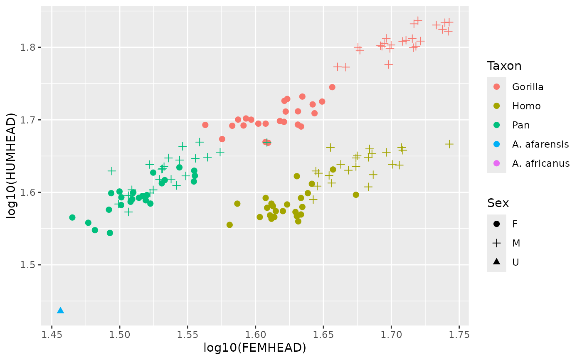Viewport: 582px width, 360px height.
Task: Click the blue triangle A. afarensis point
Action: (60, 311)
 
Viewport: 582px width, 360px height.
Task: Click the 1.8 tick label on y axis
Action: (30, 47)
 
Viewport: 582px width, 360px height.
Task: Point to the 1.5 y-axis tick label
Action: (30, 265)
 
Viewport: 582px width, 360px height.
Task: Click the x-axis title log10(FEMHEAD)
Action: (255, 348)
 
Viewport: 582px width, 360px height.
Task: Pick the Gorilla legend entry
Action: (528, 87)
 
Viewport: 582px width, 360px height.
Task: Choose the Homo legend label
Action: (526, 106)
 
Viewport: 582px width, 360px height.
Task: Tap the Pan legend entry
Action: (521, 125)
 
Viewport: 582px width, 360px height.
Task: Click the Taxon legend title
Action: (504, 66)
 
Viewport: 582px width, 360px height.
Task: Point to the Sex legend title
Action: (498, 203)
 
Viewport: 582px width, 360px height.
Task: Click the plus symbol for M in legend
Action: (497, 243)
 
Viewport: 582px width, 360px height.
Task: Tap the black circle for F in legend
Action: (497, 224)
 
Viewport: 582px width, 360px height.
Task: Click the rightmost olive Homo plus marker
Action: (449, 144)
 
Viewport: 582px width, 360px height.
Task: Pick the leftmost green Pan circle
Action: (72, 217)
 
